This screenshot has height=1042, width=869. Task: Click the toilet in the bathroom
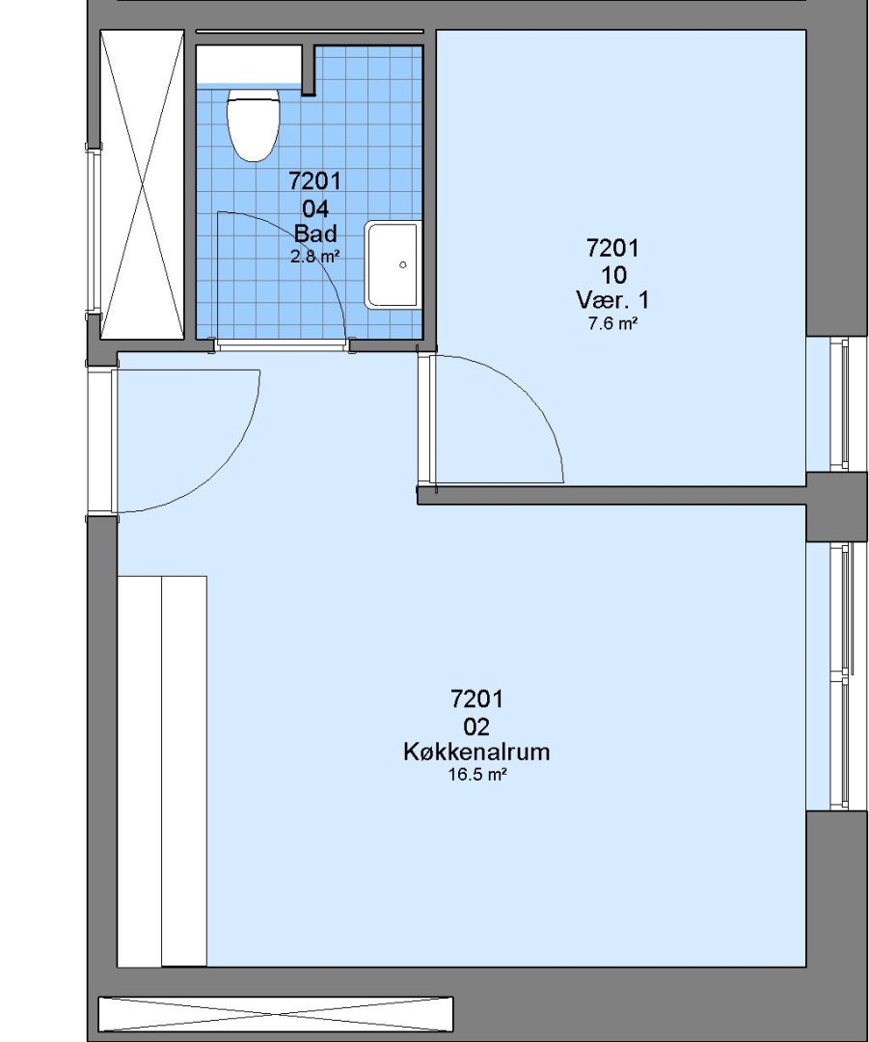253,125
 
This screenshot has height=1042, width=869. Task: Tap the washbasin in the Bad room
393,265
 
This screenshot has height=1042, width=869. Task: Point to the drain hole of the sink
402,264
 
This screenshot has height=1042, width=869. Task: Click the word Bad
315,233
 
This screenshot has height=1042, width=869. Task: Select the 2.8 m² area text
315,256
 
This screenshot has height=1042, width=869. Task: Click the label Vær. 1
612,300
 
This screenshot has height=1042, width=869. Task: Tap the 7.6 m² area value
612,323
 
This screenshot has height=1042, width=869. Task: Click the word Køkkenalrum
476,752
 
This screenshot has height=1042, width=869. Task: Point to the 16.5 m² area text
477,775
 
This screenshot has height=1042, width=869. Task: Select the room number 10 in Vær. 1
613,274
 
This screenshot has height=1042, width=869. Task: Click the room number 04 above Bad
315,208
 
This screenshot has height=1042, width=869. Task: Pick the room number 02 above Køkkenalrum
476,727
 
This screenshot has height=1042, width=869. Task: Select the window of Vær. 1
838,404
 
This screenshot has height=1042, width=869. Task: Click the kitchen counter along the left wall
161,772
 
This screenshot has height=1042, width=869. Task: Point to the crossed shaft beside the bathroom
142,184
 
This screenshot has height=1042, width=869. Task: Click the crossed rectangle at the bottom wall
276,1014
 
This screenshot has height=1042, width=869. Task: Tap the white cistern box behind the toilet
253,65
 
